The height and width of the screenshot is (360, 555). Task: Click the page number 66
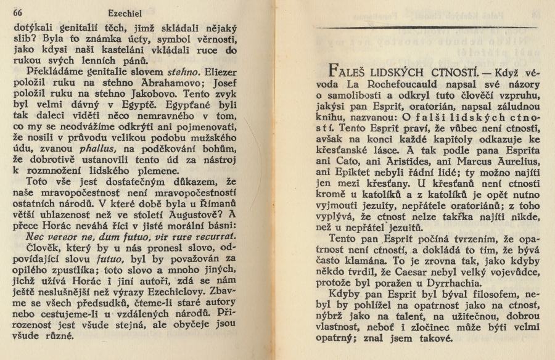click(17, 12)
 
